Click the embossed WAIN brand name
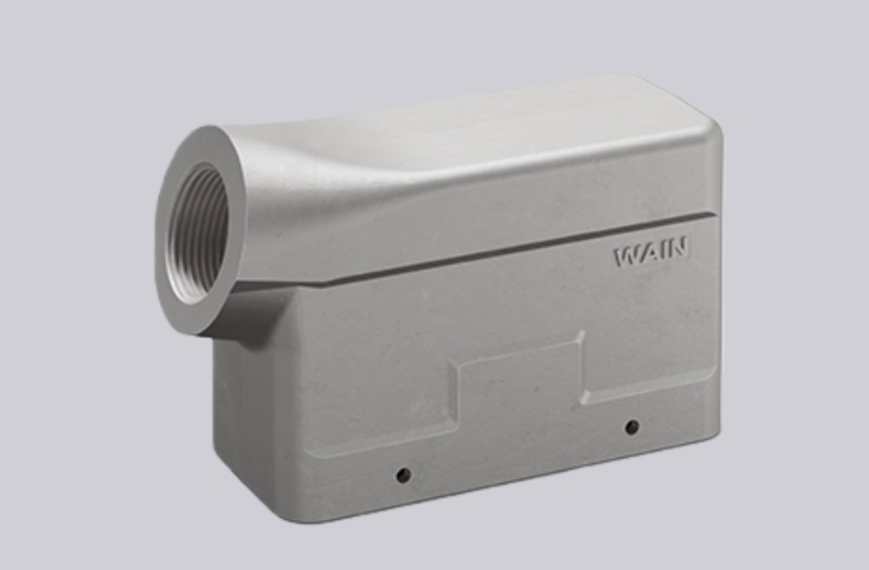(x=652, y=255)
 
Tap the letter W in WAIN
(x=626, y=256)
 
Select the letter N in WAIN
(x=679, y=251)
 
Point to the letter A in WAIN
(x=647, y=255)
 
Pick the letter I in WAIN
(x=663, y=253)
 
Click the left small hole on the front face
(x=402, y=475)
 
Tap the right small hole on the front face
(x=632, y=427)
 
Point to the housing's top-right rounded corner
(x=708, y=122)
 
